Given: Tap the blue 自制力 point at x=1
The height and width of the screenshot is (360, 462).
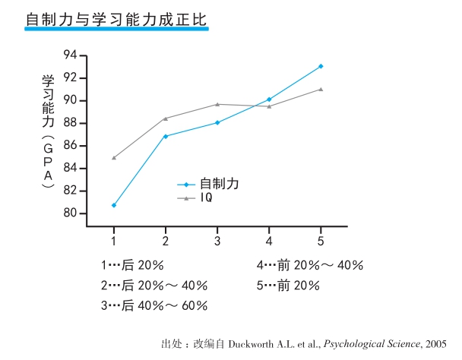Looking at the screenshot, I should (114, 205).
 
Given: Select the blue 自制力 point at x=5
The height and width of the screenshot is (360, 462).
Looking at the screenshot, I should (321, 66).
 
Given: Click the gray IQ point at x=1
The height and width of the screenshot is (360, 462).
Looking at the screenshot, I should (114, 158).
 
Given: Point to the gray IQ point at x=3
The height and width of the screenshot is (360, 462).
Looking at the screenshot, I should (217, 104).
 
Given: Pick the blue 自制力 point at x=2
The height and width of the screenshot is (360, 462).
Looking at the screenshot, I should (166, 136).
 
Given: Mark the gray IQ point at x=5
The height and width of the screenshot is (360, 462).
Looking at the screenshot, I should (321, 89).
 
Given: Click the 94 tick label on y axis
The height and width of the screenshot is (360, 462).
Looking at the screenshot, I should (71, 55).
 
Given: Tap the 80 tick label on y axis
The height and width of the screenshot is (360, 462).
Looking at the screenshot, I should (71, 213).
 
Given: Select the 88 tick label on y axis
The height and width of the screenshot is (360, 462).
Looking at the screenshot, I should (71, 123).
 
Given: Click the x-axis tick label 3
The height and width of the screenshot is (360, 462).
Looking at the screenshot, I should (217, 240).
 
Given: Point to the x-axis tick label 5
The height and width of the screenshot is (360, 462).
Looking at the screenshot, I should (321, 240).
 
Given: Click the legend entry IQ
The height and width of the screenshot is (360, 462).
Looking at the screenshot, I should (207, 198).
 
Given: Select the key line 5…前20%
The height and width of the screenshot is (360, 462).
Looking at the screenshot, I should (288, 286).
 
